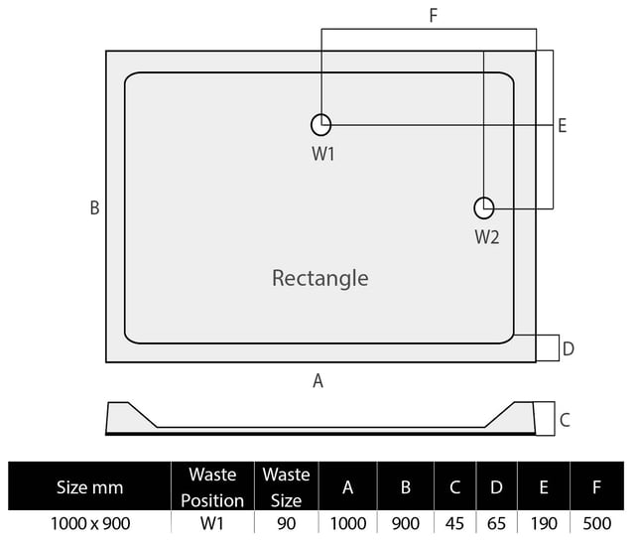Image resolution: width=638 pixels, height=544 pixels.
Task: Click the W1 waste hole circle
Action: click(x=320, y=124)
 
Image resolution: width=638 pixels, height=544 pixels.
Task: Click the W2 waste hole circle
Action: click(x=483, y=207)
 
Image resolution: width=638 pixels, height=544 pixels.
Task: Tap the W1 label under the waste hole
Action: click(x=323, y=154)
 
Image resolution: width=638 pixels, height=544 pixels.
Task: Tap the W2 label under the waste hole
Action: click(x=486, y=237)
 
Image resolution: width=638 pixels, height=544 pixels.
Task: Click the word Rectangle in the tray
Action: click(x=319, y=278)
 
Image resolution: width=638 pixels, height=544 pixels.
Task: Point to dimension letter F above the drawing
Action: click(x=433, y=16)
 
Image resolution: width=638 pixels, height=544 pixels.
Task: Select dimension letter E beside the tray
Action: click(x=562, y=126)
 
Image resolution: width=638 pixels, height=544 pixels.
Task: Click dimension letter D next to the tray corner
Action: click(x=569, y=348)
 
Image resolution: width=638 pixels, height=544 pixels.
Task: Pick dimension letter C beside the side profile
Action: click(x=565, y=420)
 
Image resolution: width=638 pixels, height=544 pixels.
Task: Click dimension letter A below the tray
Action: click(x=319, y=380)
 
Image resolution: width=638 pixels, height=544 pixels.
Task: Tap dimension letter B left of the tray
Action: click(x=94, y=207)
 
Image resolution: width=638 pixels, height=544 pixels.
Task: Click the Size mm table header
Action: click(x=89, y=486)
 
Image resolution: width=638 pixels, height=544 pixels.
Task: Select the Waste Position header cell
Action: click(x=212, y=486)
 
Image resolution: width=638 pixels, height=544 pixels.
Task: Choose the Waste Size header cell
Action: click(x=286, y=486)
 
